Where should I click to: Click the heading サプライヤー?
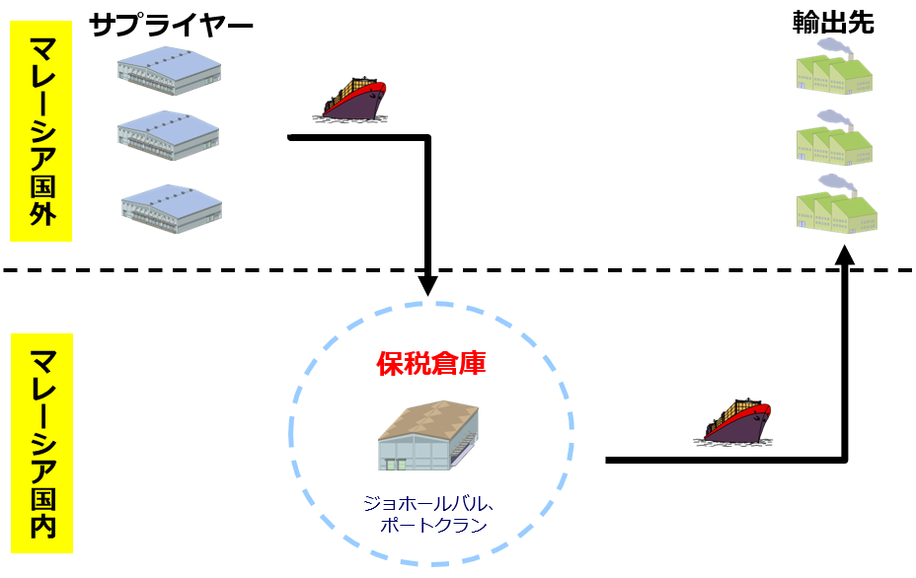tap(171, 25)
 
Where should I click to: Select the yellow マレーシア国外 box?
tap(41, 131)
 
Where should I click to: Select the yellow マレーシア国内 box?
tap(41, 443)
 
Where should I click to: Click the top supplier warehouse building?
tap(169, 72)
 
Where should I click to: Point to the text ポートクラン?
tap(432, 525)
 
